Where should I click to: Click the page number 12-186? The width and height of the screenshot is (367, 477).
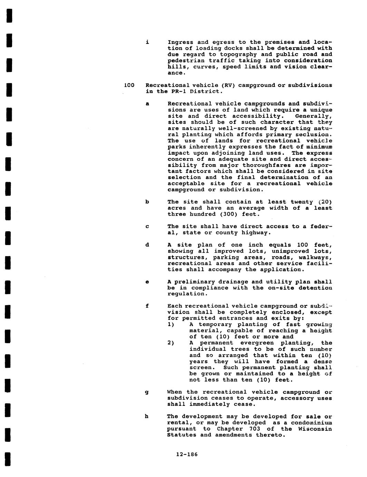tap(187, 454)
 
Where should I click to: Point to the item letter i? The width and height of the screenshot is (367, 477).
tap(147, 42)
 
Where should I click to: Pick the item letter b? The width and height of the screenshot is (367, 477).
tap(147, 202)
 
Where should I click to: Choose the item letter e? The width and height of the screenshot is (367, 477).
tap(147, 282)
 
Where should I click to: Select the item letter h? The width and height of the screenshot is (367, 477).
tap(147, 417)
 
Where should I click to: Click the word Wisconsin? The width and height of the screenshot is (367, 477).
tap(315, 429)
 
